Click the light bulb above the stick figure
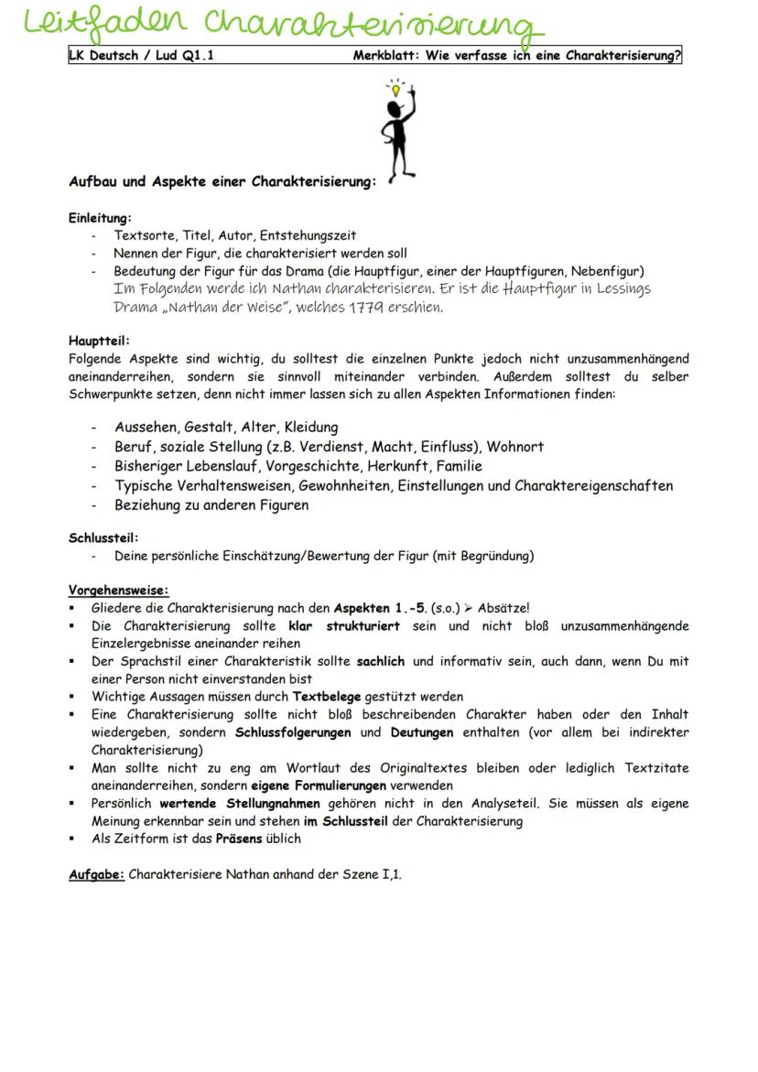395,90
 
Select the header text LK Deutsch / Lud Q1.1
142,55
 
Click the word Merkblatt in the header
385,55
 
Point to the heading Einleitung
100,218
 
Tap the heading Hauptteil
99,341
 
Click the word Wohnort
514,447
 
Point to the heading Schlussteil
103,537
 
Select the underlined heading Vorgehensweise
118,590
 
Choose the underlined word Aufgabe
96,874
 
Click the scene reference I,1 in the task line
391,874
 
